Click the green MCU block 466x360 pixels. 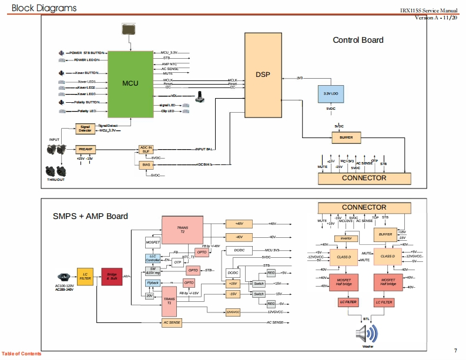point(130,83)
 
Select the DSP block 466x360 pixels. point(262,75)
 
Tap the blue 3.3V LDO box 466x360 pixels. point(331,93)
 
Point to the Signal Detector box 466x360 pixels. point(85,129)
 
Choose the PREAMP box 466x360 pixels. point(85,150)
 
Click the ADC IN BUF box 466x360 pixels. point(146,149)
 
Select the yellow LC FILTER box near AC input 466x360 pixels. point(85,277)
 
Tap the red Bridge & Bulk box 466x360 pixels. point(112,277)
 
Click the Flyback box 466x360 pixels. point(152,283)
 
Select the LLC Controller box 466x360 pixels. point(152,258)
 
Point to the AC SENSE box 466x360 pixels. point(172,322)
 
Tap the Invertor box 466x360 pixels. point(346,238)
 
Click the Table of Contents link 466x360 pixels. point(21,354)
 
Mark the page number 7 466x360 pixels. point(455,351)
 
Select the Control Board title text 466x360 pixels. point(358,40)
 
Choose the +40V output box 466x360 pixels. point(239,224)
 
